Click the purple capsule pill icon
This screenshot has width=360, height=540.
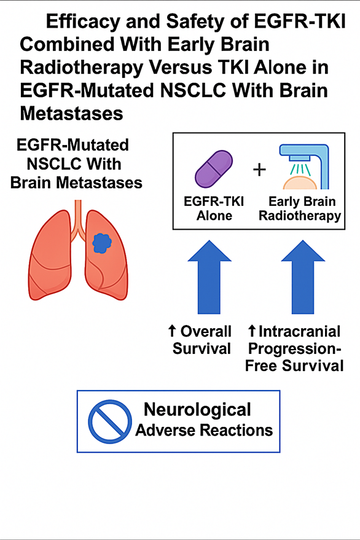(214, 170)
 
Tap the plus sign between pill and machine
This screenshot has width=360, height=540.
(259, 170)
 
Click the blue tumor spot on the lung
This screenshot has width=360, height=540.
(101, 243)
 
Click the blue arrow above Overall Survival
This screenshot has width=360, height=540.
(209, 277)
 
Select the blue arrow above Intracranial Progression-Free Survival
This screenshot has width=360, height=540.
(303, 277)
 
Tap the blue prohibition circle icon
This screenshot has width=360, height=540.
(110, 421)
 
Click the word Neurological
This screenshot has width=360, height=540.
(197, 410)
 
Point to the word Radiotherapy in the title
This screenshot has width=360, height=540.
(81, 68)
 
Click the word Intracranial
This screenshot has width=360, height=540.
(299, 331)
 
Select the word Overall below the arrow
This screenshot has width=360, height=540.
(206, 331)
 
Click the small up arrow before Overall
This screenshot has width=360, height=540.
(172, 331)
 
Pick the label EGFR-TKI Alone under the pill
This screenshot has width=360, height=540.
(214, 208)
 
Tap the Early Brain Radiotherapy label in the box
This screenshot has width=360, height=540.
(300, 209)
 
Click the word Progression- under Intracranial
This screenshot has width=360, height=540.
(294, 349)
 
